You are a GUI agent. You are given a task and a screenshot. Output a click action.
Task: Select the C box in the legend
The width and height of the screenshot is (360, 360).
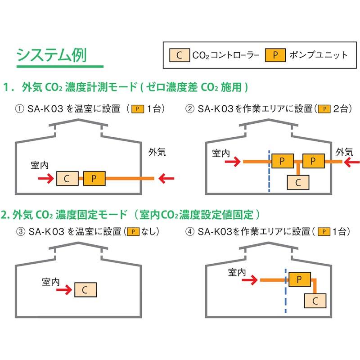pos(179,55)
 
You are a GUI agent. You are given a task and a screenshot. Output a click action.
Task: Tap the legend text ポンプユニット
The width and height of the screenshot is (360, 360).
pos(319,55)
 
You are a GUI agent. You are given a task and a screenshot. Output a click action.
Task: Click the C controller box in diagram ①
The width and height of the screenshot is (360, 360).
pos(67,179)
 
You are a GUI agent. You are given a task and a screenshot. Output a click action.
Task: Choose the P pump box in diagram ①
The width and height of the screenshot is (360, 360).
pos(94,179)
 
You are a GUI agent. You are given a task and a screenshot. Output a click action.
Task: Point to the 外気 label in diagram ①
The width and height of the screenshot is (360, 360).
pos(157,152)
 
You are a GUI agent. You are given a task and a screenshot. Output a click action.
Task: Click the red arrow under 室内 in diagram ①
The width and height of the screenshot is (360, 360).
pos(45,180)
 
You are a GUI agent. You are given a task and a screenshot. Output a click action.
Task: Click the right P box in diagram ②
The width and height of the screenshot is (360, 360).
pos(313,161)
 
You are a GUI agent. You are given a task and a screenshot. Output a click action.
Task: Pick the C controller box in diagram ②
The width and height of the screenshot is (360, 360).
pos(297,182)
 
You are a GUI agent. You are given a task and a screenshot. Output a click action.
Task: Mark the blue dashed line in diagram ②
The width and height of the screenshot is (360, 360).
pos(269,171)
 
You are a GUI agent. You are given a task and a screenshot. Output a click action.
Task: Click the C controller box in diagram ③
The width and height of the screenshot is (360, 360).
pos(85,289)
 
